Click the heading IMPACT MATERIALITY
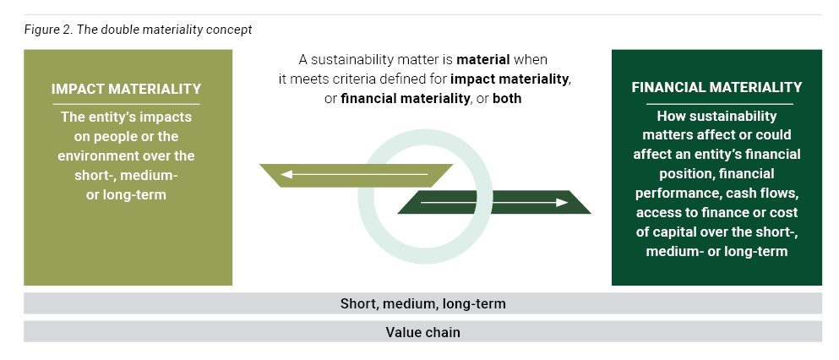pyautogui.click(x=126, y=89)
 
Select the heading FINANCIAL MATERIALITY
pyautogui.click(x=716, y=87)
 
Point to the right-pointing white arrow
pyautogui.click(x=494, y=203)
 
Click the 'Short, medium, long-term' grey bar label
pyautogui.click(x=422, y=303)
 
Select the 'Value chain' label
pyautogui.click(x=422, y=332)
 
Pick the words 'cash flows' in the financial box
pyautogui.click(x=765, y=193)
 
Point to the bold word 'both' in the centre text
pyautogui.click(x=505, y=99)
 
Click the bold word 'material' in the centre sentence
pyautogui.click(x=483, y=60)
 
